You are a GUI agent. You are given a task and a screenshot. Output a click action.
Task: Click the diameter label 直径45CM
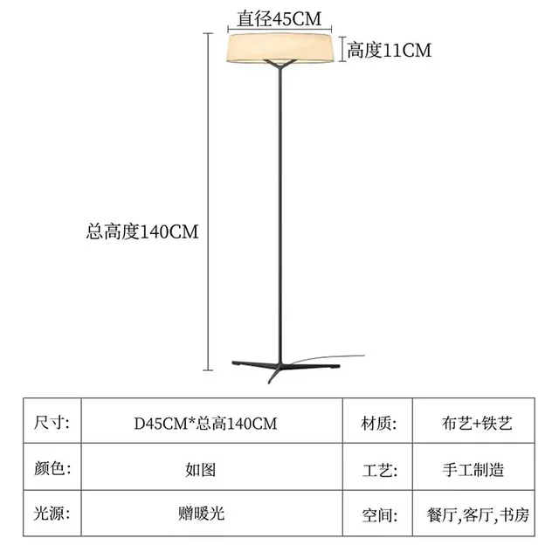[277, 15]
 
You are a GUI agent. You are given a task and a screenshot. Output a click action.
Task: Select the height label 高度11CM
[389, 50]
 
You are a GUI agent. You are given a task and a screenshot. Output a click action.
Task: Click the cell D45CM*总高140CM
[206, 424]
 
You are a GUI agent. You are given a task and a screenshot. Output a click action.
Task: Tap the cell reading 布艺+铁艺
[476, 424]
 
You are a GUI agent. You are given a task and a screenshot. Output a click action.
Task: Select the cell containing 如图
[206, 469]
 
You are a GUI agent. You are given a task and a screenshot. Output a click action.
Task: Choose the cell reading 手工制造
[476, 469]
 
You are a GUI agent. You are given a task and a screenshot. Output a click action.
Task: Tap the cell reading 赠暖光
[206, 514]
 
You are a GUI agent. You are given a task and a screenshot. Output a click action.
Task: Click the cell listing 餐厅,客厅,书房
[476, 514]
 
